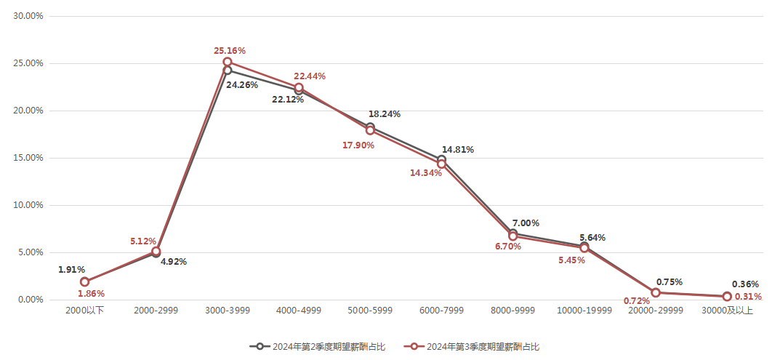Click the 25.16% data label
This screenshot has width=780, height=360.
229,51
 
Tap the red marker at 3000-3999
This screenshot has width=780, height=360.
228,62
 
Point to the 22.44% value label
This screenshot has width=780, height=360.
309,76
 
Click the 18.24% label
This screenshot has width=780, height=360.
385,114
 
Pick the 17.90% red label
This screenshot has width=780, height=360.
358,145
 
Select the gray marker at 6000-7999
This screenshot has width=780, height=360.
441,160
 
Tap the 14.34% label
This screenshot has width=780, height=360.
426,173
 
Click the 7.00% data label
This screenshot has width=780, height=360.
526,223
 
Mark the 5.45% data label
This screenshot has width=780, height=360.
572,260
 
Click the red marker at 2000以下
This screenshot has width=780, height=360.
85,282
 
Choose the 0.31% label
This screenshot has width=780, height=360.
747,297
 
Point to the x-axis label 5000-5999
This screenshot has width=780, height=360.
370,311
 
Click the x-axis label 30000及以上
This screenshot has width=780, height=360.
727,311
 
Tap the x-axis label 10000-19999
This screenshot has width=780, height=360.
584,311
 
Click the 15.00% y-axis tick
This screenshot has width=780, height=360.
29,158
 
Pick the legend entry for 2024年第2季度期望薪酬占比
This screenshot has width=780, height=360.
317,346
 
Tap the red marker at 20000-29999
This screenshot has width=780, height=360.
656,292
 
